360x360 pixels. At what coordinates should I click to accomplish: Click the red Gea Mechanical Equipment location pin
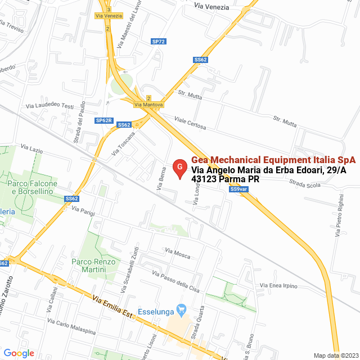(179, 168)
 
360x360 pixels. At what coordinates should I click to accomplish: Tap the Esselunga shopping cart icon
(181, 309)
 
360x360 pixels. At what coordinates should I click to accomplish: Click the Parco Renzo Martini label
(93, 266)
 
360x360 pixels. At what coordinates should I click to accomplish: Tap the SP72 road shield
(159, 42)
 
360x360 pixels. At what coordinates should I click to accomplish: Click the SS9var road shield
(238, 189)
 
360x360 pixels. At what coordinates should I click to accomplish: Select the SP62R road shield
(105, 120)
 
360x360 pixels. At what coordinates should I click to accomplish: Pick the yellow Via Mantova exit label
(148, 105)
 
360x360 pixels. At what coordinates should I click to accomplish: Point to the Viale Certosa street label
(190, 123)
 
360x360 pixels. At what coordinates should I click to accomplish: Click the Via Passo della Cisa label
(176, 281)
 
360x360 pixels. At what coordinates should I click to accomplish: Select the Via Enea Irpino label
(278, 286)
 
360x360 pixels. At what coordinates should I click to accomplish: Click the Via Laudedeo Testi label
(50, 106)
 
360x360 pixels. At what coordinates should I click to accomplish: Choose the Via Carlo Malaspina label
(71, 327)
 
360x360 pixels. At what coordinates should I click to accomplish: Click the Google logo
(19, 353)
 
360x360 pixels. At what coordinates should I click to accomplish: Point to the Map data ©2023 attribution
(334, 355)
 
